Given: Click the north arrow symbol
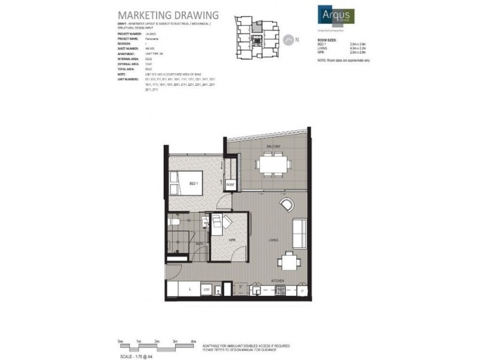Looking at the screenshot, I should tap(290, 39).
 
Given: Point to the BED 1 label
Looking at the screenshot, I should tap(193, 183).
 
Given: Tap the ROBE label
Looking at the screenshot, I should tap(230, 185).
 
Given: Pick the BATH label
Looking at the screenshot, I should tap(199, 242).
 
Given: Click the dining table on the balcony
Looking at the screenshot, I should tap(273, 163).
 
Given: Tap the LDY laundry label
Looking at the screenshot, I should tap(206, 290).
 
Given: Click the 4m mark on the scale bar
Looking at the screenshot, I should tap(193, 341).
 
